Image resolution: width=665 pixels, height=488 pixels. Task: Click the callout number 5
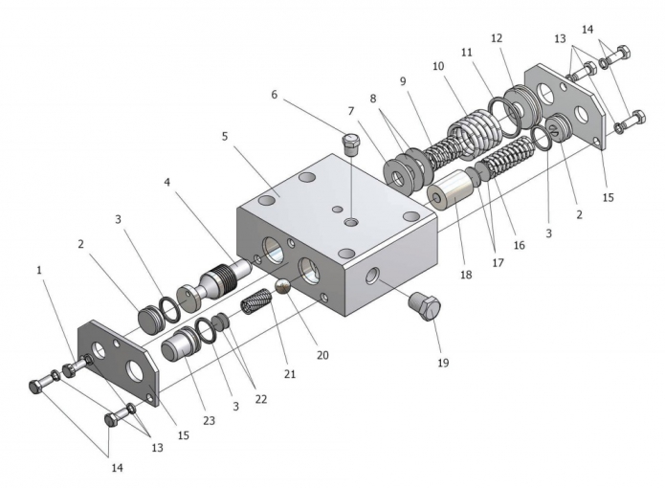(x=225, y=136)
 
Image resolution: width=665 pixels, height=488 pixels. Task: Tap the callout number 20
(x=322, y=355)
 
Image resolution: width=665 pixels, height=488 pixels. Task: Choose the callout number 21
(x=289, y=373)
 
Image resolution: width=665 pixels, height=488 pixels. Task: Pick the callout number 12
(x=496, y=38)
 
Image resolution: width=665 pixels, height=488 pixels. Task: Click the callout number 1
(x=40, y=271)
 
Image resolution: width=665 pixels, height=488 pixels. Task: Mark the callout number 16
(x=520, y=245)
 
